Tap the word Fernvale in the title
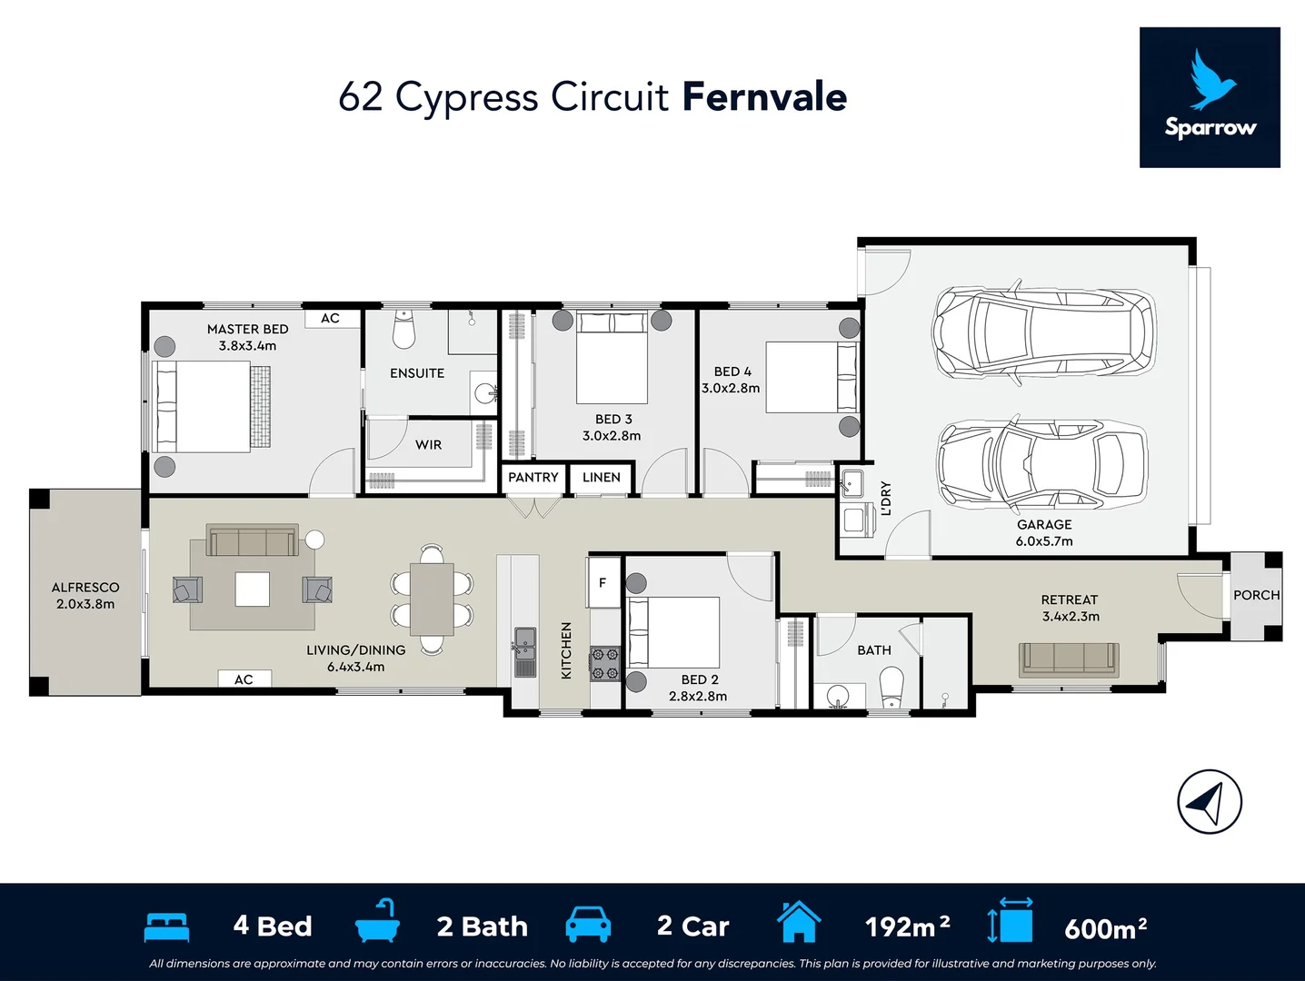[x=764, y=97]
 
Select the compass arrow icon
[x=1209, y=801]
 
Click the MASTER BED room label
[x=247, y=329]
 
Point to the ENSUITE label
[x=417, y=373]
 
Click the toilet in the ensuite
[x=403, y=330]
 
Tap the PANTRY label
[x=533, y=478]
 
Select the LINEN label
[x=601, y=478]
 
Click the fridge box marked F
[x=603, y=582]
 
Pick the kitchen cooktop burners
[x=605, y=663]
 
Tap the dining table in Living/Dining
[x=432, y=599]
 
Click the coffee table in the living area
[x=253, y=589]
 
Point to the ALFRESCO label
[x=85, y=588]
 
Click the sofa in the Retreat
[x=1069, y=659]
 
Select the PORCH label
[x=1256, y=595]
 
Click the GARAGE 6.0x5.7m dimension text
[x=1044, y=541]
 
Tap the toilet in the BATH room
[x=892, y=687]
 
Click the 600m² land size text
[x=1105, y=928]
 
